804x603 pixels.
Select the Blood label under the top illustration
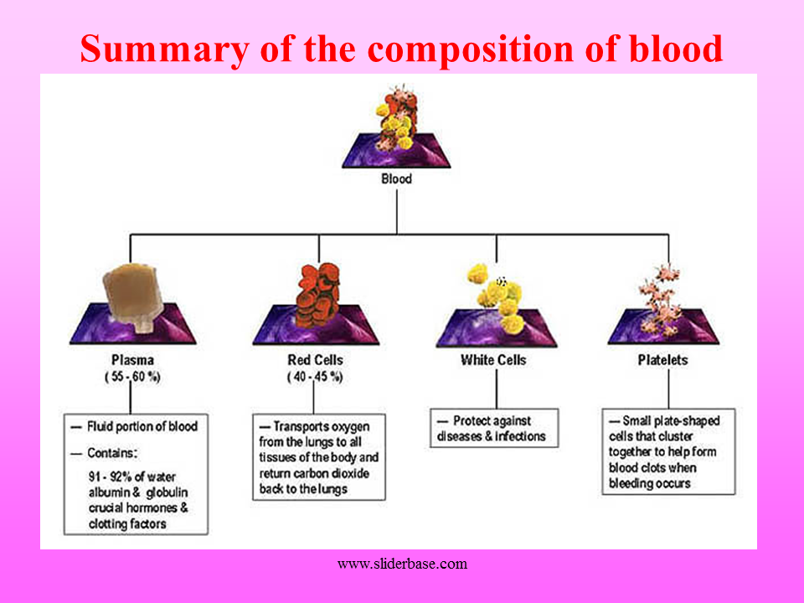tap(396, 179)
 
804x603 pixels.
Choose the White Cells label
tap(493, 360)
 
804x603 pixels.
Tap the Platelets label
tap(662, 360)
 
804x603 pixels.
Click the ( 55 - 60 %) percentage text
tap(132, 377)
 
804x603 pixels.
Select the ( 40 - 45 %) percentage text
tap(315, 377)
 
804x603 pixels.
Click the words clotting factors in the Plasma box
tap(127, 524)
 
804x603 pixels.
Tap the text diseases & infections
tap(491, 436)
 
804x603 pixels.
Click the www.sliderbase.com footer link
tap(402, 564)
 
